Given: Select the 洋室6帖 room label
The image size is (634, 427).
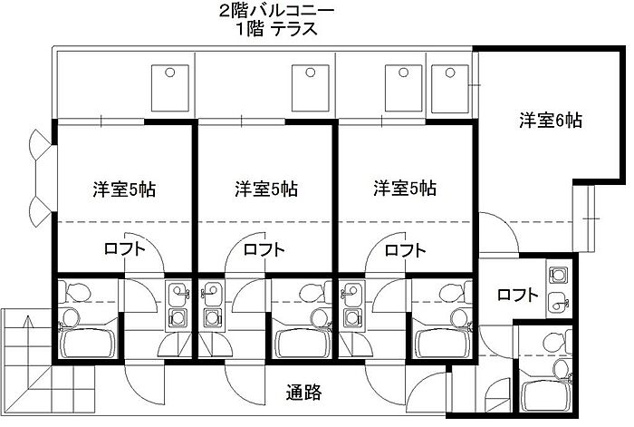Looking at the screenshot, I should [550, 120].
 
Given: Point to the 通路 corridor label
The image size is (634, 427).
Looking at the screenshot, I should [303, 393].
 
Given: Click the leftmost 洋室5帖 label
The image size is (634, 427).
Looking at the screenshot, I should [122, 189].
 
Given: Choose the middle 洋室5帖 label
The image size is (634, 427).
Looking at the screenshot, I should [264, 189].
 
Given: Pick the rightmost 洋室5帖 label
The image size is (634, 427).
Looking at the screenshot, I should [405, 189].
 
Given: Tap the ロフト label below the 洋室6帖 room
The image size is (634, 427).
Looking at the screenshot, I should [517, 295].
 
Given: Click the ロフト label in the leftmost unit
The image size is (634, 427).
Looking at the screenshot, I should [123, 249].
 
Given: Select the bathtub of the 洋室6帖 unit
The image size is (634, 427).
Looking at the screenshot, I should [547, 390].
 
